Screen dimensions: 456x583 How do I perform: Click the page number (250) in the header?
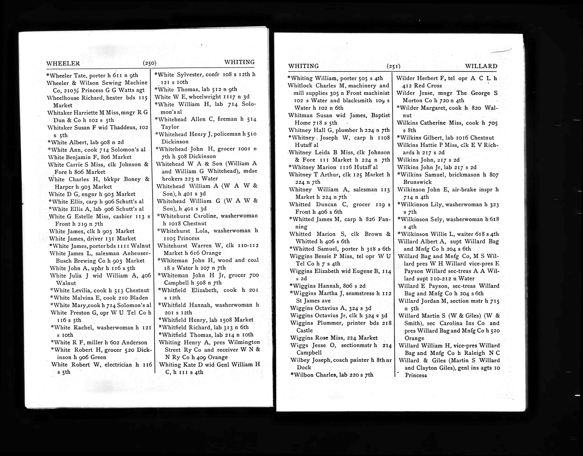click(149, 63)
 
